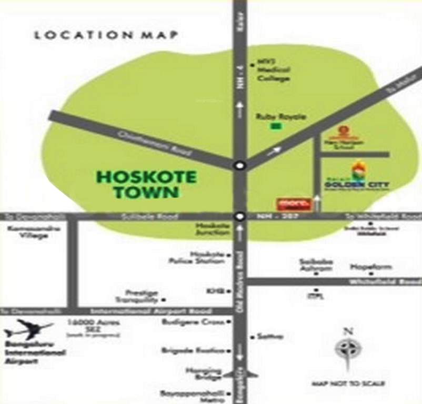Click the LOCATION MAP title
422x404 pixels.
[x=106, y=35]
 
